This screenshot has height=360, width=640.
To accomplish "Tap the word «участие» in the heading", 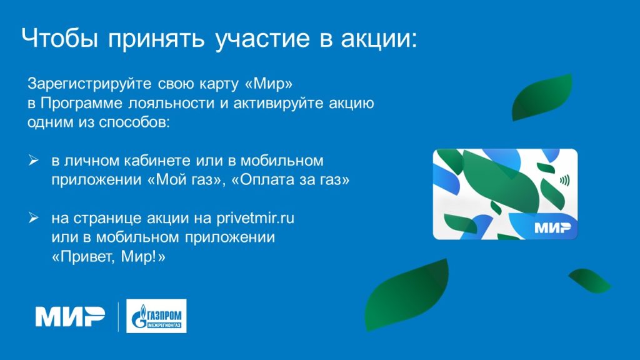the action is [x=262, y=39].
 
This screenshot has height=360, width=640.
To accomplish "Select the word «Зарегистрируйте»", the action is [x=89, y=84].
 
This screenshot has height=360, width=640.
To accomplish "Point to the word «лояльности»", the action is [x=171, y=103].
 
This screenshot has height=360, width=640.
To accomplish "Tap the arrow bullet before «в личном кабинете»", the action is [x=34, y=161].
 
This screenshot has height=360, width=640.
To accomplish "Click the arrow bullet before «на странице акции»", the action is [x=34, y=218].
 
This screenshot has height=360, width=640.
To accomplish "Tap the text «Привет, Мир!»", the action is [x=109, y=257].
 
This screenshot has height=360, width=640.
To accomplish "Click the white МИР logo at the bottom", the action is [x=70, y=317].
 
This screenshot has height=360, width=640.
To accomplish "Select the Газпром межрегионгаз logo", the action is [x=156, y=316].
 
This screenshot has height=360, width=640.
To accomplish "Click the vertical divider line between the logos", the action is [x=118, y=317].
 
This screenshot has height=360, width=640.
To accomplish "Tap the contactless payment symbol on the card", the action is [x=564, y=181].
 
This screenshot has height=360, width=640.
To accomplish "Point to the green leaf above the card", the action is [x=542, y=97].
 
